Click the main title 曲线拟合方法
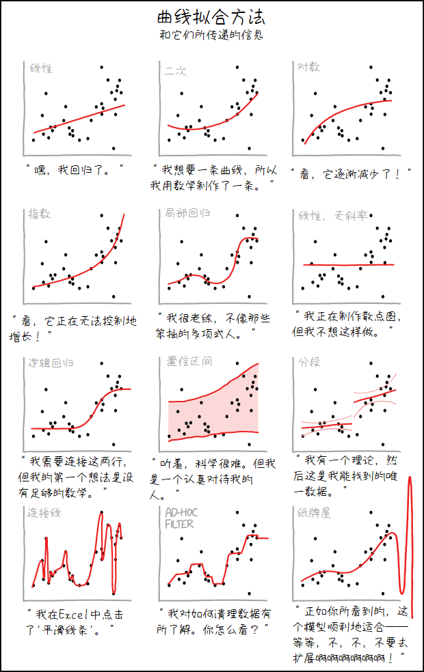pos(211,16)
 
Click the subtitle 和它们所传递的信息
pos(211,35)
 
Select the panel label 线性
pos(41,68)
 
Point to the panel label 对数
pos(309,67)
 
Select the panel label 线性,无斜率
pos(332,216)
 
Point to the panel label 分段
pos(309,361)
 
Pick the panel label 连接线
pos(42,512)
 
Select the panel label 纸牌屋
pos(314,512)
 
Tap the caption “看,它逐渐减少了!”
pos(352,174)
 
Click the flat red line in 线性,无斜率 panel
pos(349,264)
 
